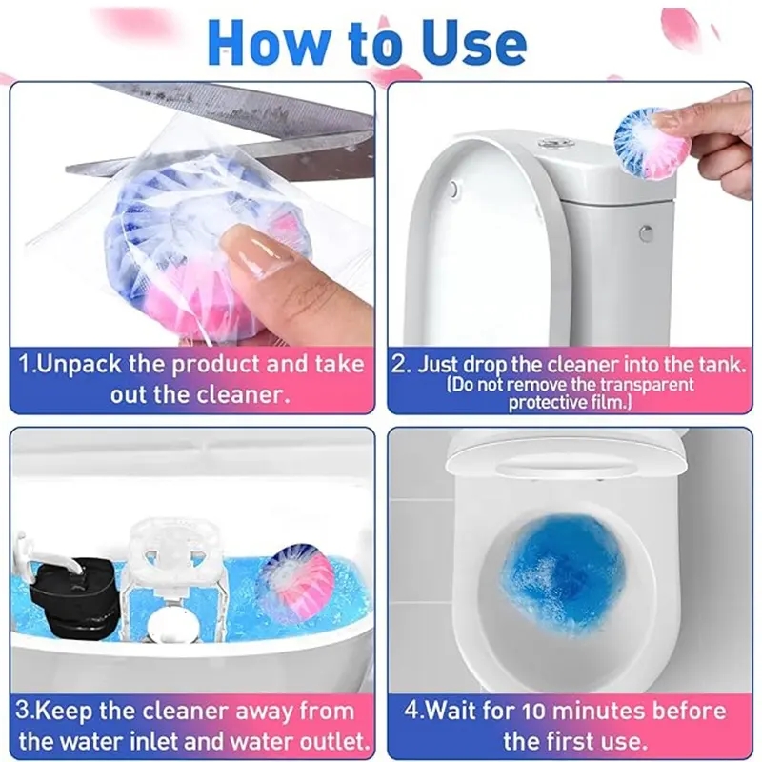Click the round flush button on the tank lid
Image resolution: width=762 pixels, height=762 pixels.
point(550,144)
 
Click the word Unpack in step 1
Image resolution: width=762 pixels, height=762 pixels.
point(79,365)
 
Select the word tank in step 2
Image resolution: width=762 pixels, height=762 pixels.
point(722,365)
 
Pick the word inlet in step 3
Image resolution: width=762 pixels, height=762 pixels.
point(149,741)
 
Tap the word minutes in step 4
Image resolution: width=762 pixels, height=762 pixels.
point(600,711)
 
